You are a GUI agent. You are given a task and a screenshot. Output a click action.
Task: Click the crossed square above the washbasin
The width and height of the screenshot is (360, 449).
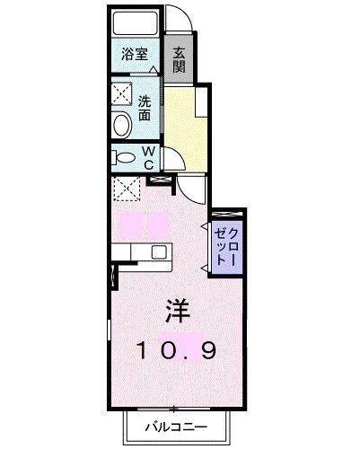tap(121, 92)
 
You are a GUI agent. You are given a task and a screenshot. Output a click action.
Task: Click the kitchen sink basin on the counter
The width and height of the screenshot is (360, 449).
tap(158, 252)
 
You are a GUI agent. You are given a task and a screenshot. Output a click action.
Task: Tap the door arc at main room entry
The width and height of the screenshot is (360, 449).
tap(190, 189)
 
